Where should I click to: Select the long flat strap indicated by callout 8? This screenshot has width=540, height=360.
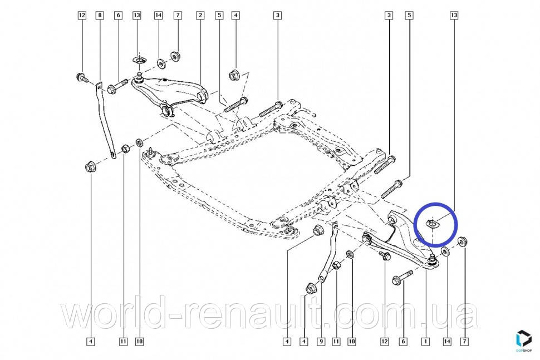coord(106,120)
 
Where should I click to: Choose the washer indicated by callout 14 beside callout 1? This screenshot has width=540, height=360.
coord(446,253)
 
